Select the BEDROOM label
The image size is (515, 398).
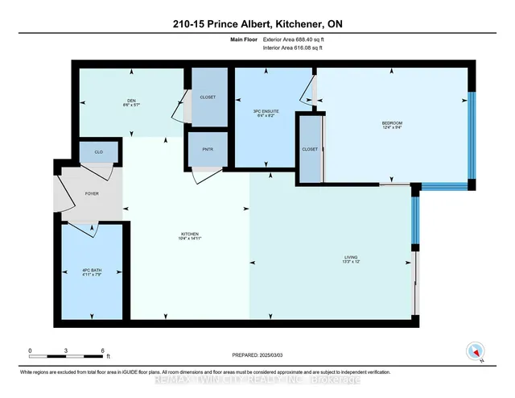click(392, 123)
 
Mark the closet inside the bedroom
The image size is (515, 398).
click(310, 149)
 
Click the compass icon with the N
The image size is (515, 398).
click(474, 352)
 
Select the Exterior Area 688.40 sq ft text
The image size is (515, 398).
click(298, 38)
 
